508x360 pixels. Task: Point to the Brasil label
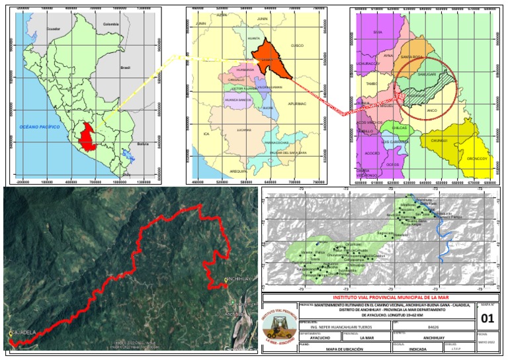pyautogui.click(x=125, y=67)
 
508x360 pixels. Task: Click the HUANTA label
pyautogui.click(x=253, y=39)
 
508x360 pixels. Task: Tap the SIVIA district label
pyautogui.click(x=378, y=32)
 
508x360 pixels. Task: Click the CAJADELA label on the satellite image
pyautogui.click(x=22, y=333)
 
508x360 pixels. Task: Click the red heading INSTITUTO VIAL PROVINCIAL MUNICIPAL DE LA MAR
pyautogui.click(x=381, y=298)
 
